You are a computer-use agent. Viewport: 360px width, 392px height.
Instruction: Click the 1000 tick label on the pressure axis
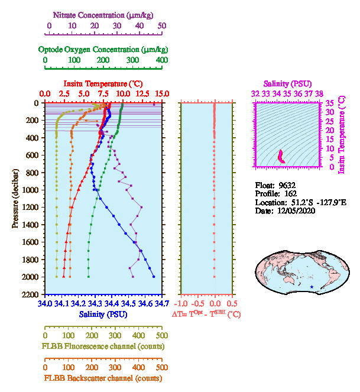[x=31, y=190]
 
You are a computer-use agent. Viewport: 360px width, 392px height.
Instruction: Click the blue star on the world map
[x=312, y=287]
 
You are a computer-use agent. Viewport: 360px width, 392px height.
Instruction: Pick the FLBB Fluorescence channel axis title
[x=103, y=346]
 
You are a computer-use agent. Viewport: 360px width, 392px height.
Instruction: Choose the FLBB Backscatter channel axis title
[x=103, y=378]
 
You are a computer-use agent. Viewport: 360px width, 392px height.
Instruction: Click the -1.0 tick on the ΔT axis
[x=181, y=304]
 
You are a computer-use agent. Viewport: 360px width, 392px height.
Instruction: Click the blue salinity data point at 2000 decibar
[x=154, y=276]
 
